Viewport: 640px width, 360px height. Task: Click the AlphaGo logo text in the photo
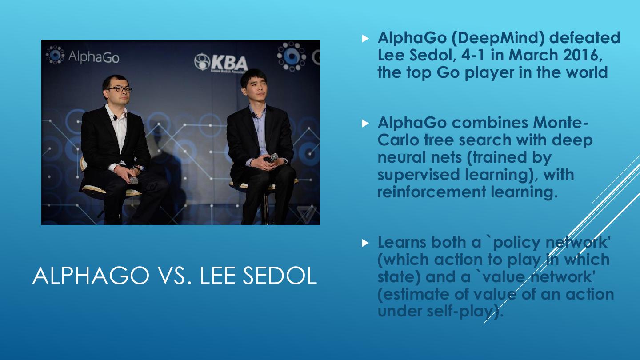(94, 57)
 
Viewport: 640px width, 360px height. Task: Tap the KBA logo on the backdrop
(221, 62)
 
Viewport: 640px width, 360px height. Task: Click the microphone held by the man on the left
(132, 179)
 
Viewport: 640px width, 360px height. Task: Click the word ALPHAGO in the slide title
(91, 276)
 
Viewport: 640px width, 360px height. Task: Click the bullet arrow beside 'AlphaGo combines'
(365, 124)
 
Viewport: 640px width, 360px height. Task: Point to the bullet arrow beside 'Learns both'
(365, 243)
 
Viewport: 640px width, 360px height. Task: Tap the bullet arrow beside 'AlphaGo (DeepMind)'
(365, 39)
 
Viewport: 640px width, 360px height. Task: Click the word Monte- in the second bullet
(560, 123)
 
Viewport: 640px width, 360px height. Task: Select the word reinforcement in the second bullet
(432, 192)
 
